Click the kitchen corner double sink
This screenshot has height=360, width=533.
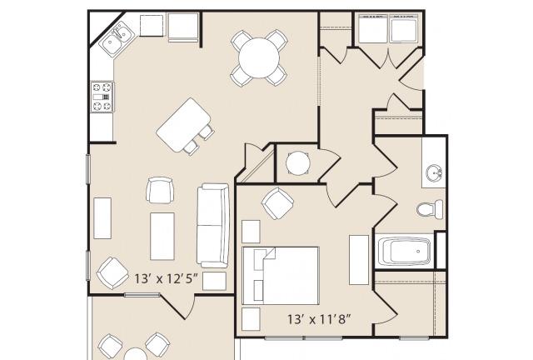(117, 38)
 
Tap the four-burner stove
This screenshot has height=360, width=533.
(102, 97)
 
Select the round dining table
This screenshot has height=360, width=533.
(259, 58)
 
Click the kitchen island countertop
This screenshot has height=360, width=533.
(183, 125)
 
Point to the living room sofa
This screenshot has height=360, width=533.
(213, 225)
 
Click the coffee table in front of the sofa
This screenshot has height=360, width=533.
(162, 237)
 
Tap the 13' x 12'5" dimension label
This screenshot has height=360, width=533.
(166, 279)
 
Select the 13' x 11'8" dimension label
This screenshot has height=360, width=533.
(319, 319)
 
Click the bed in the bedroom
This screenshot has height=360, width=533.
(281, 276)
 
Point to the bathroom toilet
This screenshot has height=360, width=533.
(430, 208)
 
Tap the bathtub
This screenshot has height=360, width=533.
(404, 252)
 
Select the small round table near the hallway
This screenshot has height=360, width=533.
(298, 163)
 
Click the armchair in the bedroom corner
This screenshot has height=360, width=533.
(277, 203)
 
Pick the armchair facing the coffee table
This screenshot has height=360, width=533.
(160, 190)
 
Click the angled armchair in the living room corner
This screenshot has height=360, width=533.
(113, 272)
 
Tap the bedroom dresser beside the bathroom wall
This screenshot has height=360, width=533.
(359, 260)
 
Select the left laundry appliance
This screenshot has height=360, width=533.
(373, 28)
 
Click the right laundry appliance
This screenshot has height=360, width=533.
(403, 28)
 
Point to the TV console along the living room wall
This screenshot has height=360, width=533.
(102, 218)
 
